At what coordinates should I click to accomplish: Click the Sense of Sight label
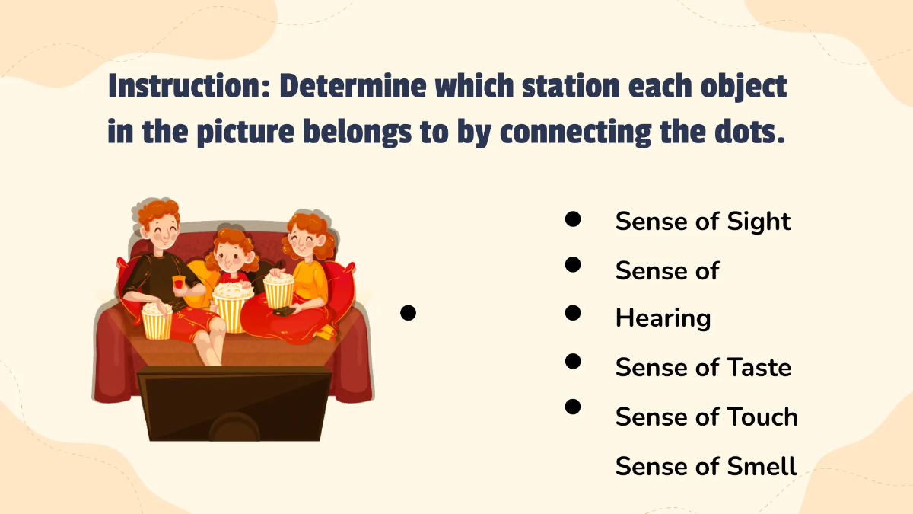tap(703, 222)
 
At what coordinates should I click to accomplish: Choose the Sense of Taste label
tap(703, 368)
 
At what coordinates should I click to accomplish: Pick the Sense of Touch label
tap(706, 417)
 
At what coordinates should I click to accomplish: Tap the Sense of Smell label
tap(706, 466)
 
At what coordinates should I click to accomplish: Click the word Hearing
tap(663, 318)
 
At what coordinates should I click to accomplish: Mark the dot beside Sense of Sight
tap(574, 219)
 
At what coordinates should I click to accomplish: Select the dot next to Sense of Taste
tap(574, 361)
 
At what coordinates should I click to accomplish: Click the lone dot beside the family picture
tap(408, 312)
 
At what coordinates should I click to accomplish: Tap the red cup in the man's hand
tap(178, 283)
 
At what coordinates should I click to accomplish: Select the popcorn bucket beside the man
tap(157, 320)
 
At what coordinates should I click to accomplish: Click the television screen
tap(234, 404)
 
